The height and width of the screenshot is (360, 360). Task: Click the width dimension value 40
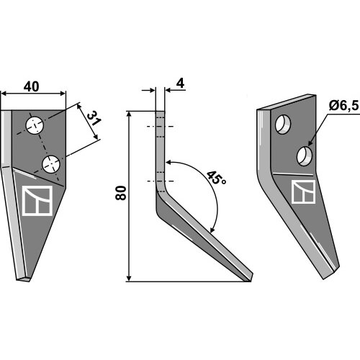point(31,87)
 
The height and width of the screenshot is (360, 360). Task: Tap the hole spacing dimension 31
point(94,118)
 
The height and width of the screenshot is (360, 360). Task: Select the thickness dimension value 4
point(180,84)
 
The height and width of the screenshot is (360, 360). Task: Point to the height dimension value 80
point(121,193)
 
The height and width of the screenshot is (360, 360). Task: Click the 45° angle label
point(216,178)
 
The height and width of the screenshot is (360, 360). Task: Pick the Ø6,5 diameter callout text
point(343,106)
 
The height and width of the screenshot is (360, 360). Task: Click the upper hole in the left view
point(35,125)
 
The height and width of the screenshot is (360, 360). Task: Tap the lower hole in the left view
point(51,164)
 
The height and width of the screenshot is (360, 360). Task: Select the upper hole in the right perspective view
point(283,125)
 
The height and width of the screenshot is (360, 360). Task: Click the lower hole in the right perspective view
point(305,156)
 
